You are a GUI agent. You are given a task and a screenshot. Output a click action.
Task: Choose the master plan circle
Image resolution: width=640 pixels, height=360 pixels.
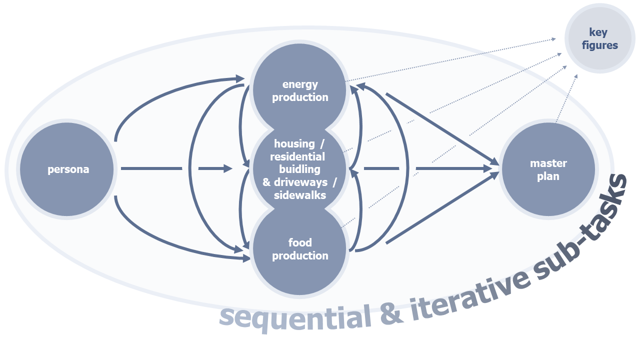pos(548,169)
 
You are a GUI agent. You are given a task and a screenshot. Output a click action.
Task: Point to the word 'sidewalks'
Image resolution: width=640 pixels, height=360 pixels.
pos(300,195)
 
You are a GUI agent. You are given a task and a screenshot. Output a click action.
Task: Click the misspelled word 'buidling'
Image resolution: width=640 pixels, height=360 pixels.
pos(299,169)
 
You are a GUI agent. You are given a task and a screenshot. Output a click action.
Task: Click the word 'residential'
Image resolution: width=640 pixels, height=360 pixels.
pos(297,156)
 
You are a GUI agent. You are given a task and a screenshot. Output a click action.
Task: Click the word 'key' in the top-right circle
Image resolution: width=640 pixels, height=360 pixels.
pos(598,32)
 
